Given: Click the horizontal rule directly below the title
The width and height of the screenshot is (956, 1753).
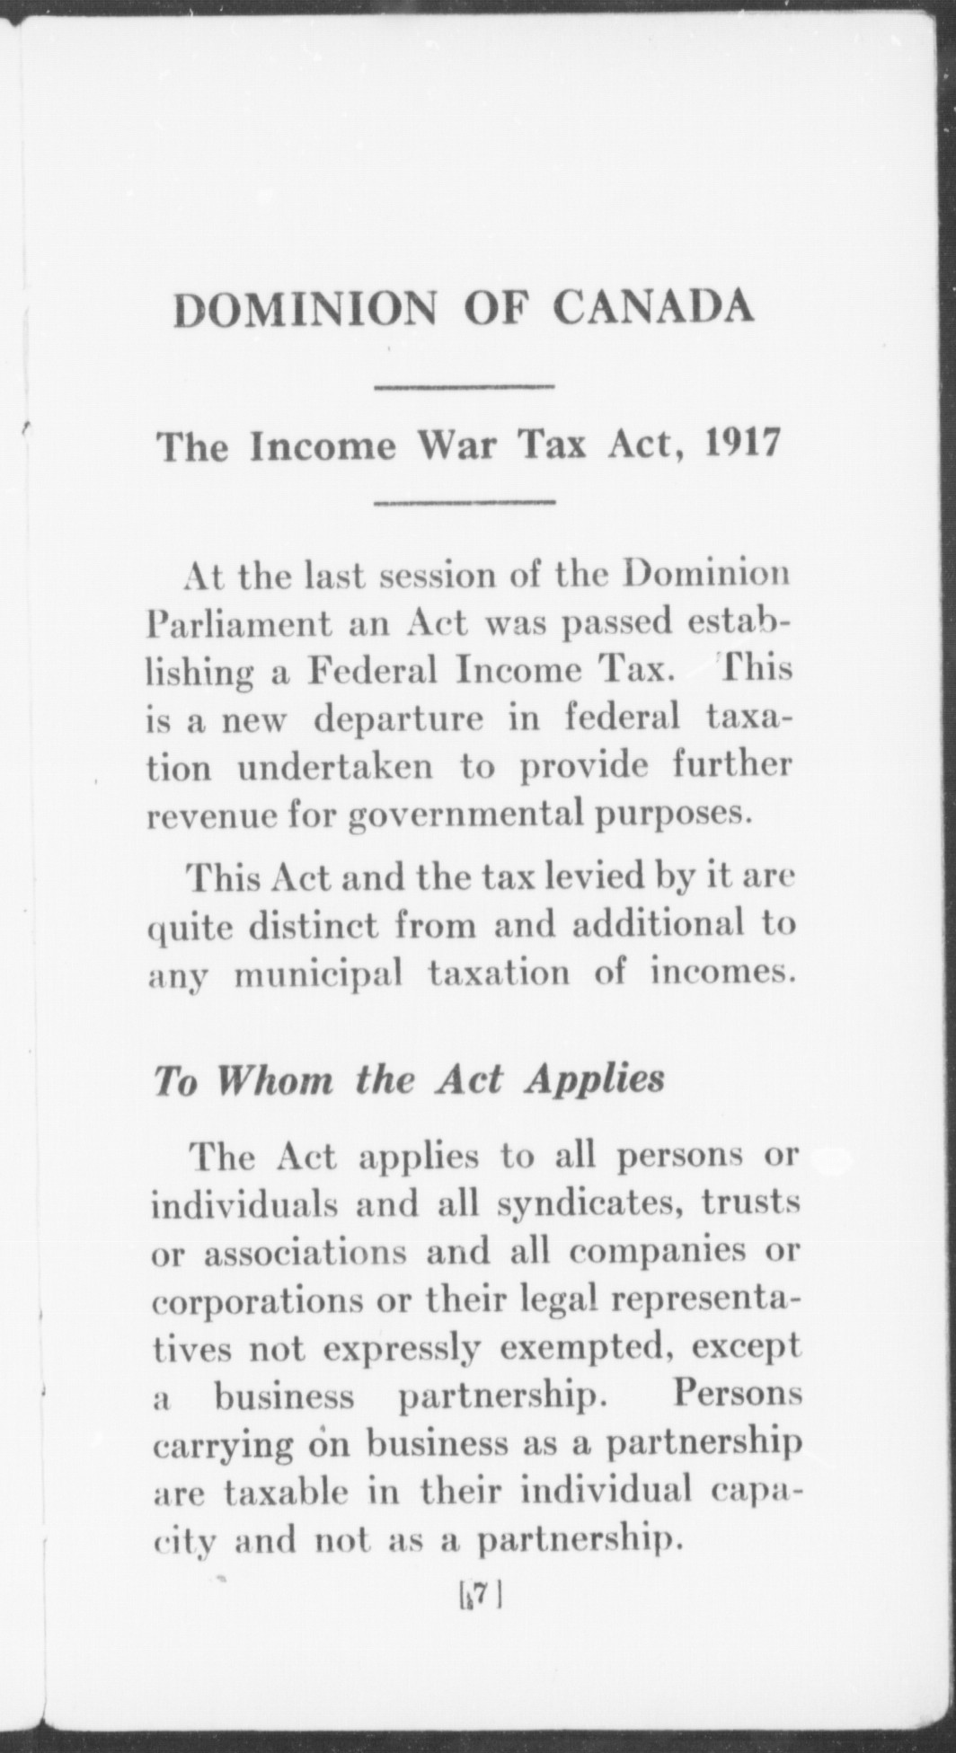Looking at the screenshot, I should (x=464, y=388).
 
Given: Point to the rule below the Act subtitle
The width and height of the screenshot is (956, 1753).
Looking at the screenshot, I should (x=464, y=501).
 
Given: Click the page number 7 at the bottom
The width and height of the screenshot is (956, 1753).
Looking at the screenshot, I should (x=482, y=1592).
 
